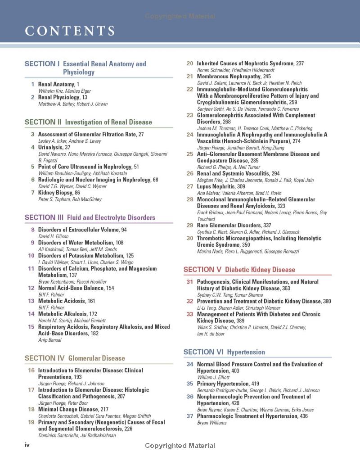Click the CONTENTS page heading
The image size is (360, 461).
(70, 31)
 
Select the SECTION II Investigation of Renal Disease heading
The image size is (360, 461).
(88, 122)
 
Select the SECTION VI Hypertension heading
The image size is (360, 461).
(224, 352)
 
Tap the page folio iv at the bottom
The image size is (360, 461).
(27, 445)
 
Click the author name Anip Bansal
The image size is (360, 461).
(50, 340)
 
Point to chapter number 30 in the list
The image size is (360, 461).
(190, 238)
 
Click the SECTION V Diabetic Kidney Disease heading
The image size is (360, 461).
(239, 270)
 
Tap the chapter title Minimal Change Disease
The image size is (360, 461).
(68, 409)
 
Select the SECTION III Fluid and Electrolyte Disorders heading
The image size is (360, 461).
(90, 217)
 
